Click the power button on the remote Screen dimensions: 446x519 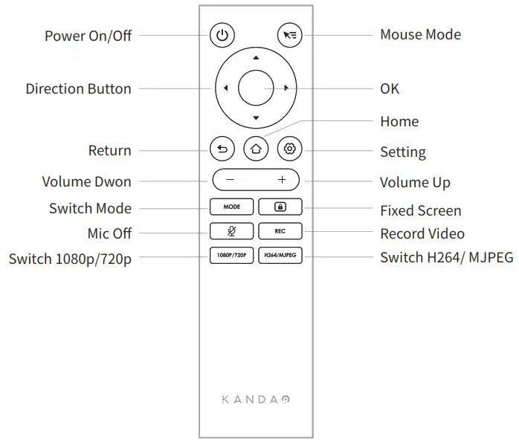(x=222, y=34)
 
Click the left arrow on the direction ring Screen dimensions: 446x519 (x=224, y=88)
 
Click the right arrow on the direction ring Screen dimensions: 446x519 (x=286, y=88)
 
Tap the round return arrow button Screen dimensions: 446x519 (x=222, y=149)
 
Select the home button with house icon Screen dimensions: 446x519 (x=256, y=149)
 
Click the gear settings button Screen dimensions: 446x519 (x=289, y=149)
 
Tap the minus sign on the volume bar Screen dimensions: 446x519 (x=230, y=180)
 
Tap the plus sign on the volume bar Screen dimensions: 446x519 (x=282, y=180)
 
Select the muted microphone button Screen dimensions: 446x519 (x=231, y=231)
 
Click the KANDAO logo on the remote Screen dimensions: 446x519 (x=256, y=399)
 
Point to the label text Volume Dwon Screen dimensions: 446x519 (x=86, y=182)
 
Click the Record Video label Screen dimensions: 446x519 (x=422, y=233)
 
